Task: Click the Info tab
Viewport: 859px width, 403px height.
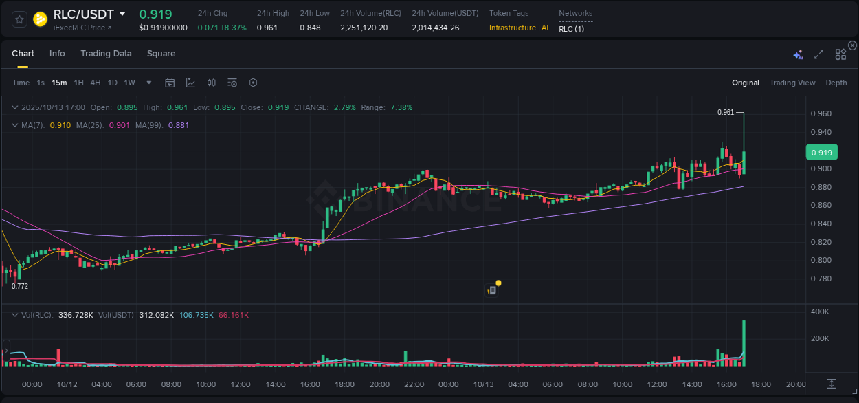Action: (57, 54)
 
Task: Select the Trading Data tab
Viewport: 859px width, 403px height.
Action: (106, 54)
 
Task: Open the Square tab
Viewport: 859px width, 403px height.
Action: (161, 54)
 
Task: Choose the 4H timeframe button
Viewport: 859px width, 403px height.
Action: (96, 83)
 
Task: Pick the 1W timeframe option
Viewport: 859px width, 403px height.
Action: (129, 83)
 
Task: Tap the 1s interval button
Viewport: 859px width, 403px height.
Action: (41, 83)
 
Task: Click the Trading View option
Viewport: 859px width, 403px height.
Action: (792, 83)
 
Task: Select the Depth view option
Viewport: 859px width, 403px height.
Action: (836, 83)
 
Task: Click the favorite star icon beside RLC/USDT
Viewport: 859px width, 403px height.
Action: (20, 19)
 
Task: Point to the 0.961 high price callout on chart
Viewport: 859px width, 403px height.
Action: (725, 112)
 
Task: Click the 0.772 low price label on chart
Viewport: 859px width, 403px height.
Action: (19, 286)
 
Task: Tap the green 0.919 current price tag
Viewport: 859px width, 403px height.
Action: (820, 153)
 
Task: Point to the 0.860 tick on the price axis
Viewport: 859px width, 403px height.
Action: (822, 206)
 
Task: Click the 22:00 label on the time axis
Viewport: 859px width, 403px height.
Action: (414, 384)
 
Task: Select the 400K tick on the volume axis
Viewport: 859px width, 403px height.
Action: (821, 312)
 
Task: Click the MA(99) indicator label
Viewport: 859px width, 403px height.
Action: (149, 125)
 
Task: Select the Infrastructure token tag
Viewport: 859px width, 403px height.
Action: (512, 28)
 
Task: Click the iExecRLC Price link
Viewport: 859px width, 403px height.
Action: (82, 28)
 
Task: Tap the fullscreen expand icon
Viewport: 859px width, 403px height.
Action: (818, 54)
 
